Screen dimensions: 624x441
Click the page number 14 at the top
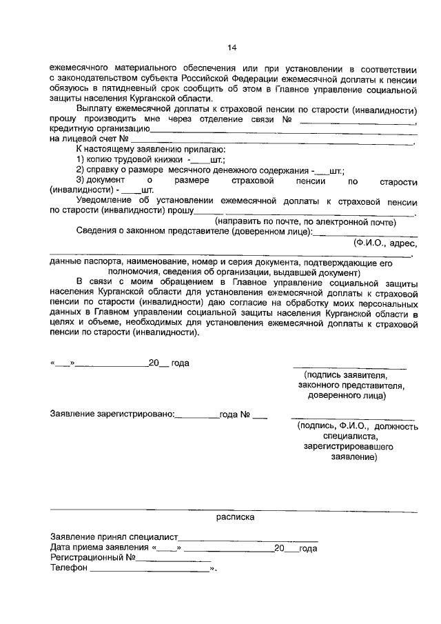click(x=232, y=47)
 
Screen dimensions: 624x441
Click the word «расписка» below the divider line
click(x=235, y=516)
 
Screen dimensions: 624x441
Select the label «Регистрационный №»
click(x=92, y=558)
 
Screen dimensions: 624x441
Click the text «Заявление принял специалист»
click(x=114, y=536)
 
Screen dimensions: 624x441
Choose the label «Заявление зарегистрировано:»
click(x=112, y=415)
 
